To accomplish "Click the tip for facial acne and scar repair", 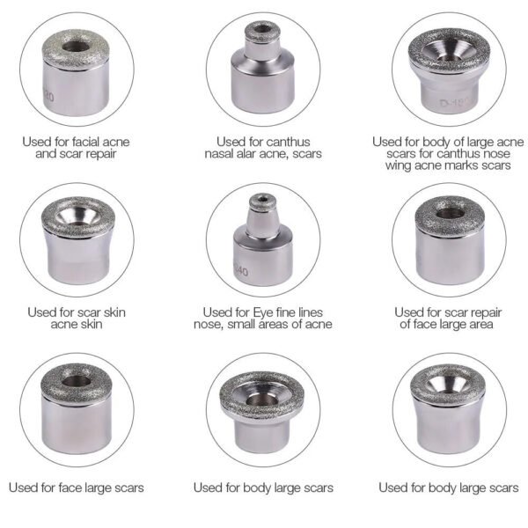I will pos(77,70).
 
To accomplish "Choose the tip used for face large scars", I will pos(77,409).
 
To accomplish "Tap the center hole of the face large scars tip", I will pos(76,380).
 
